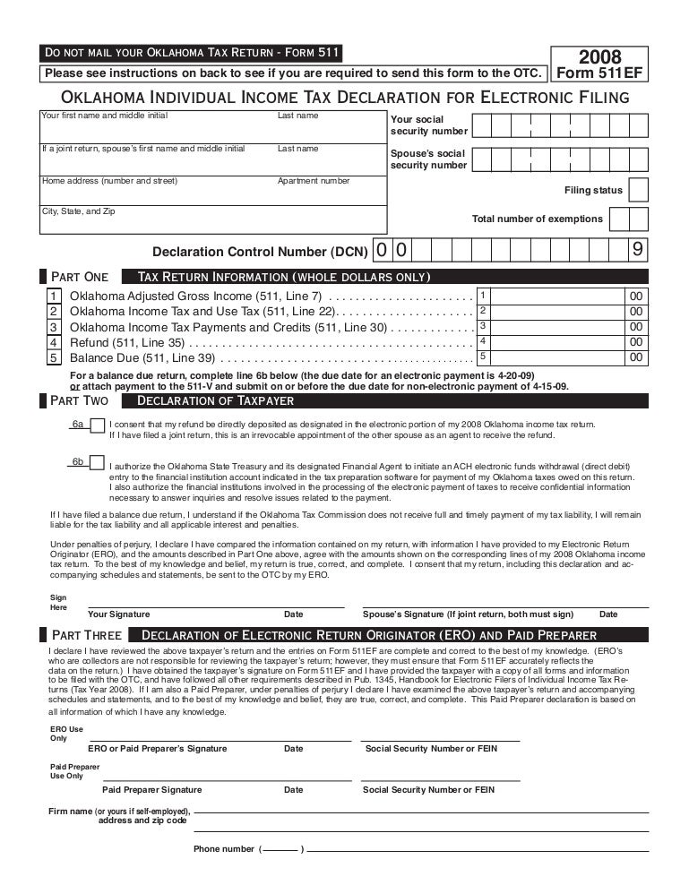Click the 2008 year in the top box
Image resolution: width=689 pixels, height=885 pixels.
599,56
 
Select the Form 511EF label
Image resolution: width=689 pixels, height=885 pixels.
599,73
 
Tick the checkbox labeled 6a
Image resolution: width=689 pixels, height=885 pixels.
97,425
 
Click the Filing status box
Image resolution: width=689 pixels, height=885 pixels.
638,190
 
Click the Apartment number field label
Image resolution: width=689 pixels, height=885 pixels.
314,181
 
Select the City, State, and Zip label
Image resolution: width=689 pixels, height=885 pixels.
79,211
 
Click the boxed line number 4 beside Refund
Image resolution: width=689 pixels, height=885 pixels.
54,342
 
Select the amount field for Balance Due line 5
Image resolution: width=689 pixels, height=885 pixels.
550,357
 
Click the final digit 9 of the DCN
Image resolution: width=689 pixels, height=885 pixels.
637,251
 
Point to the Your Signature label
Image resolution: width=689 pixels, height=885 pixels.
118,614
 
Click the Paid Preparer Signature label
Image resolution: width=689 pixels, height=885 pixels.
151,790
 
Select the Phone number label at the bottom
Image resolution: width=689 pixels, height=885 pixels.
224,848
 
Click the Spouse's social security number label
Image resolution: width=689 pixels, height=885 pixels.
428,159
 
